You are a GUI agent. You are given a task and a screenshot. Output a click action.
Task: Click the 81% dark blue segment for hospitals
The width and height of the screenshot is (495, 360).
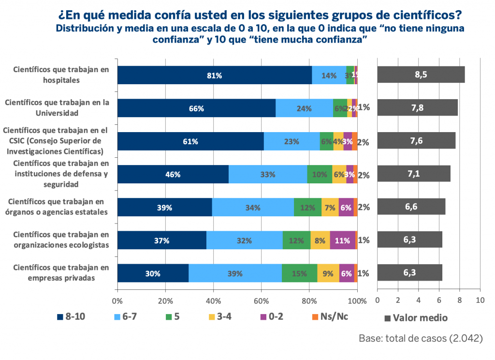tap(215, 75)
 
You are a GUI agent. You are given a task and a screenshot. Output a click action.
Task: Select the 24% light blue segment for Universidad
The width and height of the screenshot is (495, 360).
tap(304, 108)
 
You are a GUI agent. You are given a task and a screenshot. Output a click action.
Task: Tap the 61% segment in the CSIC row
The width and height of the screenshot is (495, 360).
tap(190, 141)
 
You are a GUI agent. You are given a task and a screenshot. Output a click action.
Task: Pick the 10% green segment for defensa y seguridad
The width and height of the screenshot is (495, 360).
tap(320, 174)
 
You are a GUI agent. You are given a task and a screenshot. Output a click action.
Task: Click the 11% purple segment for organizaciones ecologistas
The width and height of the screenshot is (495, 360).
tap(342, 240)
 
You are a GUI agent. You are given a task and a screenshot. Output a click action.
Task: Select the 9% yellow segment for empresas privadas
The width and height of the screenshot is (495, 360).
tap(328, 273)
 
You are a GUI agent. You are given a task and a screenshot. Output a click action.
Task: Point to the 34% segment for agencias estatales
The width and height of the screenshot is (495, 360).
tap(253, 207)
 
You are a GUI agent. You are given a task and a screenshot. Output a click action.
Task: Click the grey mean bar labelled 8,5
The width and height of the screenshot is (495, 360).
tap(421, 75)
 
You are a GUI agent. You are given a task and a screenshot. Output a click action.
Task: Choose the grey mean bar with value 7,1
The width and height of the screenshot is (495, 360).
tap(413, 174)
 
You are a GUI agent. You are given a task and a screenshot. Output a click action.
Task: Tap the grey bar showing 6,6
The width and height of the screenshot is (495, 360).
tap(411, 207)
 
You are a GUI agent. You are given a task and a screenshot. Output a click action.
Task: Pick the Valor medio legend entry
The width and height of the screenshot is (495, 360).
tap(416, 318)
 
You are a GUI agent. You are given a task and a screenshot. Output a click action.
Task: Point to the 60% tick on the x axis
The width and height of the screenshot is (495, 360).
tap(262, 300)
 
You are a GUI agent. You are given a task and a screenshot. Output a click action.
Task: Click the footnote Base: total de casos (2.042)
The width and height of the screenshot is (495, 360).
tap(421, 339)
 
